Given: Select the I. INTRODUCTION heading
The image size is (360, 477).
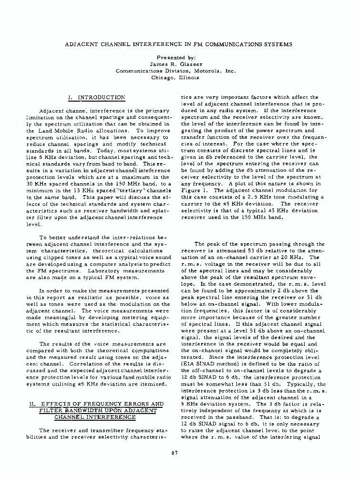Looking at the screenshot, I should coord(97,98).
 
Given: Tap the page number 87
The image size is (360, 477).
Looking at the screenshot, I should coord(175,452).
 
